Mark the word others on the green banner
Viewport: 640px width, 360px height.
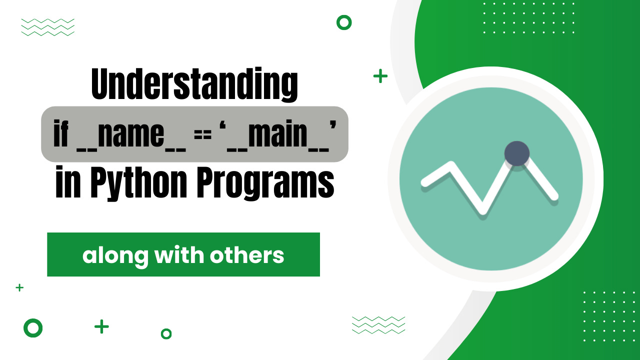(x=247, y=255)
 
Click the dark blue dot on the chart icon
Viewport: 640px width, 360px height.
(x=516, y=153)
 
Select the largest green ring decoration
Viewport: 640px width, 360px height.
(x=33, y=328)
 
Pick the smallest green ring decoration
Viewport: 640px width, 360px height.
(x=166, y=333)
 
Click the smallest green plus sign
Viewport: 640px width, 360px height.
(x=19, y=287)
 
